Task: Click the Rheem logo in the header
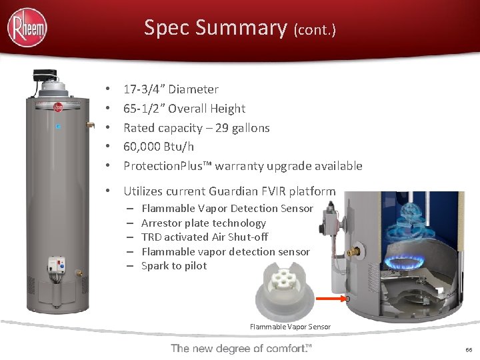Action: click(x=27, y=28)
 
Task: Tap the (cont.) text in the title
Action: click(x=314, y=30)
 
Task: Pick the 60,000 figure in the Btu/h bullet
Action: click(x=142, y=147)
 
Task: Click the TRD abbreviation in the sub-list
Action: click(x=152, y=237)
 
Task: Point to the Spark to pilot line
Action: click(x=174, y=266)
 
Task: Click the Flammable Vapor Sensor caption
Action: click(x=290, y=327)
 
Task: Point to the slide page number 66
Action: click(x=469, y=350)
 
